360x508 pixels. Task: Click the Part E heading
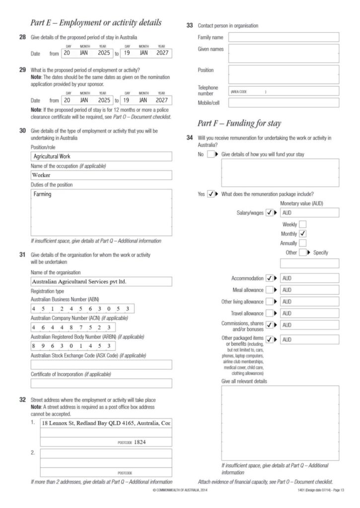(x=96, y=23)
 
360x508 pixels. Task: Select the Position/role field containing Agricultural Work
(x=101, y=156)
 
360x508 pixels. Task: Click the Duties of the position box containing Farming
(x=101, y=212)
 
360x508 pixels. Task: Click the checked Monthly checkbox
(x=303, y=234)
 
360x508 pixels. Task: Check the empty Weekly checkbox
(x=303, y=224)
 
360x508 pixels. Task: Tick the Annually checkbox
(x=303, y=243)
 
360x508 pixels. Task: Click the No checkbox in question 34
(x=211, y=154)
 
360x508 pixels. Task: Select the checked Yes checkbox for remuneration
(x=211, y=194)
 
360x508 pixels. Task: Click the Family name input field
(x=284, y=37)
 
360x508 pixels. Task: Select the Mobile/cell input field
(x=284, y=103)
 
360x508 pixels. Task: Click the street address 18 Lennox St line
(x=106, y=423)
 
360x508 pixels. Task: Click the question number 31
(x=22, y=254)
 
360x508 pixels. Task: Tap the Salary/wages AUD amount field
(x=309, y=213)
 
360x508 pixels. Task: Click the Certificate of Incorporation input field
(x=101, y=383)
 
